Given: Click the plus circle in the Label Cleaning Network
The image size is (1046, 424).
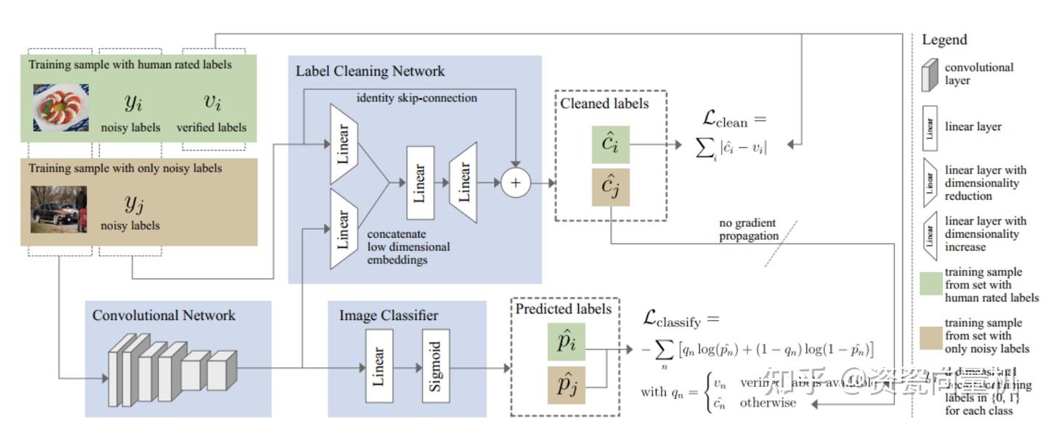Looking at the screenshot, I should tap(516, 183).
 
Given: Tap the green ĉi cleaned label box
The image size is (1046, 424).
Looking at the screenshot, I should tap(610, 145).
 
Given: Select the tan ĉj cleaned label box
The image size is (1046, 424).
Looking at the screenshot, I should tap(610, 187).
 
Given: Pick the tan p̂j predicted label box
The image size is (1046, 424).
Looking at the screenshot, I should tap(566, 385).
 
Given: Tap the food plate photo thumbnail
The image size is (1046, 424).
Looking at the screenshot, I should tap(60, 108).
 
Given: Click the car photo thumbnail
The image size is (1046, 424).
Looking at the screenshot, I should tap(59, 209).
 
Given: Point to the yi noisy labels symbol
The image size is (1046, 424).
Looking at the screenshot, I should tap(132, 103).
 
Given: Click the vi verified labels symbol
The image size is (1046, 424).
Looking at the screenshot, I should tap(211, 101).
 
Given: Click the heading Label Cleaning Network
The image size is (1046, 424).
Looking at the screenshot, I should tap(370, 71).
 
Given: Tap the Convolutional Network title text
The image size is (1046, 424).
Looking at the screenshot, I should tap(163, 315).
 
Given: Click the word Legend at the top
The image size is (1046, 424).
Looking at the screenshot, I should tap(944, 40).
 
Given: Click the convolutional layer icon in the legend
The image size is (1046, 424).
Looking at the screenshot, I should tap(929, 73).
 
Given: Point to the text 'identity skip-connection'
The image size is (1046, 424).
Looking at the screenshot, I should tap(417, 97).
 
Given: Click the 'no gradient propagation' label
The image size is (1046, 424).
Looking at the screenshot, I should tap(748, 229).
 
